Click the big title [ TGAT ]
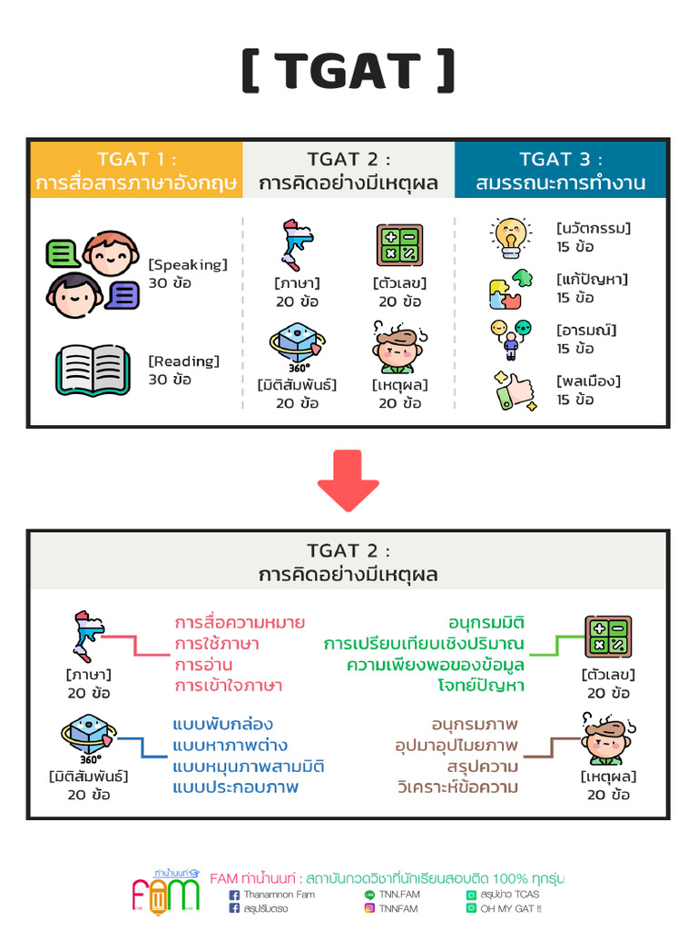tap(348, 71)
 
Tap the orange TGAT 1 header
tap(137, 170)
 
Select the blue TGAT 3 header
tap(560, 170)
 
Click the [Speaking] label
tap(188, 264)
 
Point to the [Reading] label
tap(184, 361)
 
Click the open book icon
tap(92, 369)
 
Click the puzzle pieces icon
tap(510, 289)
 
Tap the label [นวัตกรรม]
tap(594, 228)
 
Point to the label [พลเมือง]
tap(588, 381)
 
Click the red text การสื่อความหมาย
tap(240, 623)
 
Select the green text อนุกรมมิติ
tap(486, 623)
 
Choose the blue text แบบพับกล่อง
tap(222, 725)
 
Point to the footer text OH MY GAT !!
tap(511, 907)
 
